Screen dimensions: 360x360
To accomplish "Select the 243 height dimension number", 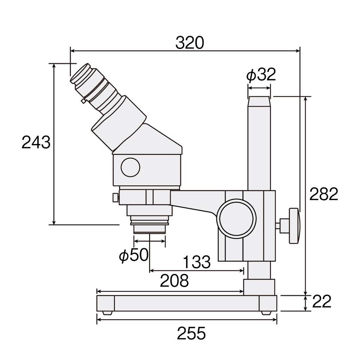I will click(x=36, y=142).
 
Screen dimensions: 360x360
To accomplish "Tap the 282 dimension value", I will click(x=323, y=194).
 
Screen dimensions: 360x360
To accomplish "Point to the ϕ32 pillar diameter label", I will click(x=261, y=75).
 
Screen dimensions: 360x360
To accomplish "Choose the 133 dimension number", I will click(x=197, y=262).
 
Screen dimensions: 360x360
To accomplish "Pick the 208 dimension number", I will click(x=174, y=281).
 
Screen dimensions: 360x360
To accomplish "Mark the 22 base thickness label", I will click(x=321, y=302).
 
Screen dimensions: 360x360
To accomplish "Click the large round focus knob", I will click(x=236, y=218).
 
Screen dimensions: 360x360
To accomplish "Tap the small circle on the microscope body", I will click(x=130, y=167).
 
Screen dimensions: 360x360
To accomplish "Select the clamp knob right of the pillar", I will click(x=294, y=225).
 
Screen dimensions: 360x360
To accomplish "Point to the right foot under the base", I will click(x=266, y=312).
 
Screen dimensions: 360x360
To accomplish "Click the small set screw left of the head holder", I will click(x=115, y=198).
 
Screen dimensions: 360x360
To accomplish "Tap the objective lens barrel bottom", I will click(x=150, y=229).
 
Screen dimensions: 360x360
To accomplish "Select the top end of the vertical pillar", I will click(x=260, y=100).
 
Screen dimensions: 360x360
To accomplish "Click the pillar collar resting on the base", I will click(x=260, y=287).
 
